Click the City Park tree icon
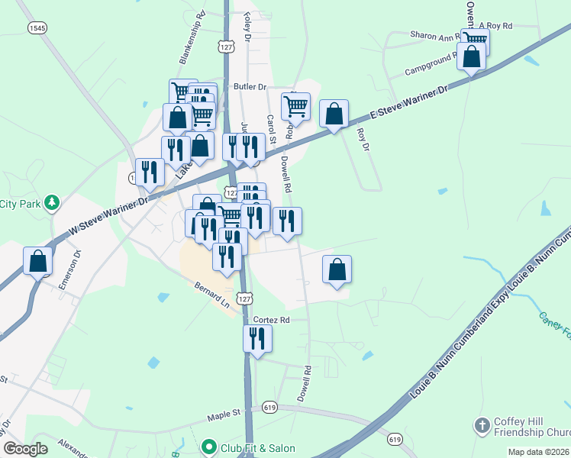click(x=51, y=203)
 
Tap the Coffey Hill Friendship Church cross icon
click(x=482, y=424)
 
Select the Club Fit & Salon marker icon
click(x=209, y=447)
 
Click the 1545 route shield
click(x=36, y=27)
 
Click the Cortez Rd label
click(x=272, y=320)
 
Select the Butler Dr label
click(x=250, y=87)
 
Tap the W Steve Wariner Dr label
click(x=108, y=216)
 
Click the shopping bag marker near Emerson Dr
click(x=38, y=261)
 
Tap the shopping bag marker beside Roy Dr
click(x=334, y=114)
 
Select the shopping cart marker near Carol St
click(x=295, y=106)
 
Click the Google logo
click(x=25, y=448)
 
